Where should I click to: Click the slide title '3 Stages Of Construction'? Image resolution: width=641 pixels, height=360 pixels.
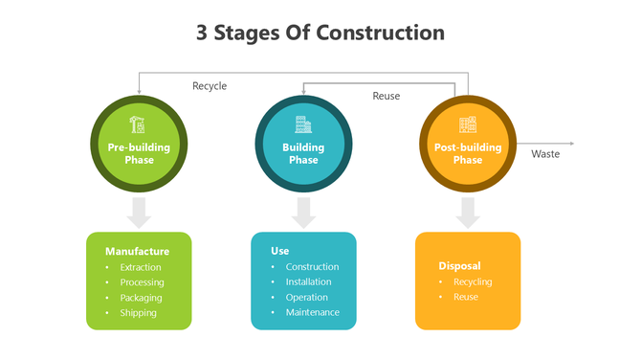[320, 33]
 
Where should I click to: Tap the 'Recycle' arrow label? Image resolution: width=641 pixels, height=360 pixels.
[210, 86]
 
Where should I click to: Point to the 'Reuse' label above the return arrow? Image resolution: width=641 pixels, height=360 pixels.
[387, 96]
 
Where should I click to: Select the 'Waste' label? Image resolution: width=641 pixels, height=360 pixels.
[545, 154]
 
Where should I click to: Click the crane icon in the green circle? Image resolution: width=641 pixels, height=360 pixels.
[138, 124]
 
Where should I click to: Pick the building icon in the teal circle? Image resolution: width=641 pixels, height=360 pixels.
[303, 124]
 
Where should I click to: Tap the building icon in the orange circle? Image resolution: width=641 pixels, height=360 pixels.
[468, 124]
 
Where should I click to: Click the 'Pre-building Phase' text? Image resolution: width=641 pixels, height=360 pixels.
[139, 153]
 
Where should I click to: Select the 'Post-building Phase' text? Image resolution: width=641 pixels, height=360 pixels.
[468, 153]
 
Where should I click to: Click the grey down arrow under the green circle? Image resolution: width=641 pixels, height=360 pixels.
[140, 213]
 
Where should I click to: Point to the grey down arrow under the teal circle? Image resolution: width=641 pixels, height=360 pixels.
[303, 213]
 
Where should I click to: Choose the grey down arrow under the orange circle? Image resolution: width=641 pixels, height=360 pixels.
[468, 213]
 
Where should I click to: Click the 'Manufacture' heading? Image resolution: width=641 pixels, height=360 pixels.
[137, 252]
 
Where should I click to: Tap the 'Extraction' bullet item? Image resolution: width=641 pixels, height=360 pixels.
[141, 267]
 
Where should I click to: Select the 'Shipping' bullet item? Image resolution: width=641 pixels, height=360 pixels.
[139, 312]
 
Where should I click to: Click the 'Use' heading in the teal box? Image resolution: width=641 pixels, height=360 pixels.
[279, 251]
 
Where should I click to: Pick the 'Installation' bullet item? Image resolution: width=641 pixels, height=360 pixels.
[308, 281]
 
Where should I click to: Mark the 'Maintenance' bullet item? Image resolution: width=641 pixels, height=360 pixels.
[312, 312]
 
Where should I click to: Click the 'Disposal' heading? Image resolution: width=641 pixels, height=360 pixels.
[459, 266]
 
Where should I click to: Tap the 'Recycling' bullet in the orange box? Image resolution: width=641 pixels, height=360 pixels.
[473, 281]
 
